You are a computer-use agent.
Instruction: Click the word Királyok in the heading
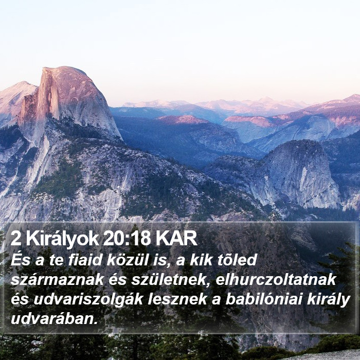(62, 239)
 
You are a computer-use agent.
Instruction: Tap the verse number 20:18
(127, 239)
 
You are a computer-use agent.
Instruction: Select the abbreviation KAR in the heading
(176, 239)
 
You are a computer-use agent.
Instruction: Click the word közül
(122, 260)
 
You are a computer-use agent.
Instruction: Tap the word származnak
(58, 280)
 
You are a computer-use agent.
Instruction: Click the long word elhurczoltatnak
(276, 279)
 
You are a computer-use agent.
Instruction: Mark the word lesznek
(177, 299)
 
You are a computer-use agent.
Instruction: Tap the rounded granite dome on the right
(301, 172)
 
